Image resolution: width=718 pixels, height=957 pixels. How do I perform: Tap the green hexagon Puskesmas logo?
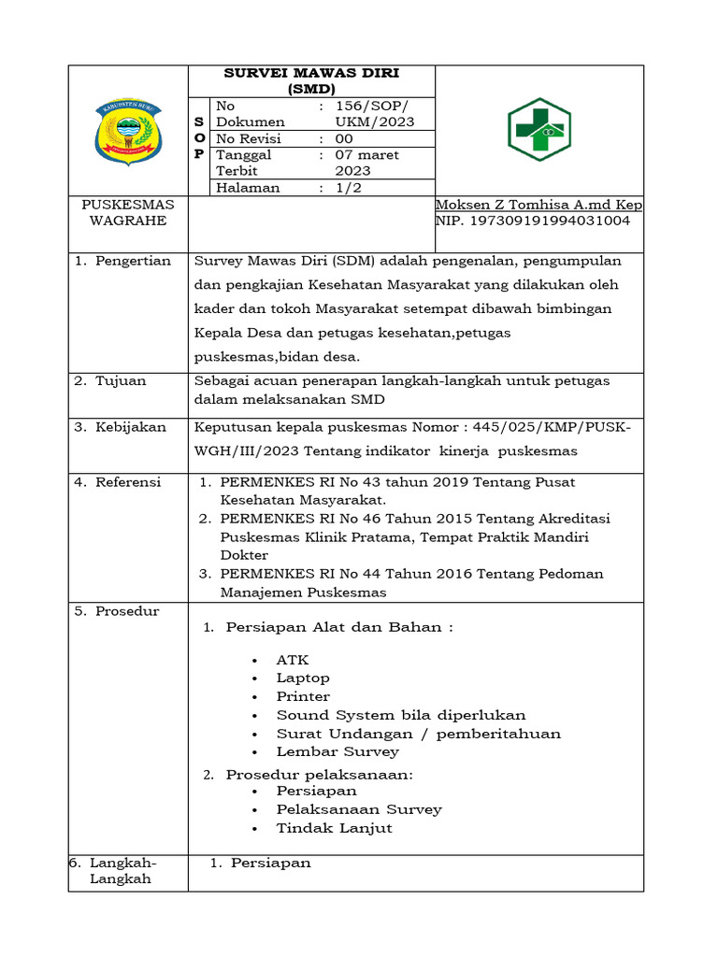point(538,130)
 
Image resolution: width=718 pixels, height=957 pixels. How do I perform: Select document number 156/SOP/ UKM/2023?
point(374,115)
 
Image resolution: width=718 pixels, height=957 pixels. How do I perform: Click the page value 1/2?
point(348,188)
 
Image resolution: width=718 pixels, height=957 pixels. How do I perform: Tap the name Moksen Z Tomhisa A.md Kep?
point(538,205)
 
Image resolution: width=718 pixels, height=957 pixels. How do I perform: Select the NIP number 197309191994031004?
point(533,221)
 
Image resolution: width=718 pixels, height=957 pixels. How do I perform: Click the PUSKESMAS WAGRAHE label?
point(128,213)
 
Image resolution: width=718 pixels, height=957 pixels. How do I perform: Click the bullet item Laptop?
point(303,678)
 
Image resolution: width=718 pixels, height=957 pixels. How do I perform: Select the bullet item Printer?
point(303,696)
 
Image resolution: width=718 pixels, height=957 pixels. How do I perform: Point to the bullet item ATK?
point(293,660)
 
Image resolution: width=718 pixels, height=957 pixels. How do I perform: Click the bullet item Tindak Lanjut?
point(334,828)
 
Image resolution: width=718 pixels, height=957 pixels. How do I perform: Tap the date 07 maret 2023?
point(367,163)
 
